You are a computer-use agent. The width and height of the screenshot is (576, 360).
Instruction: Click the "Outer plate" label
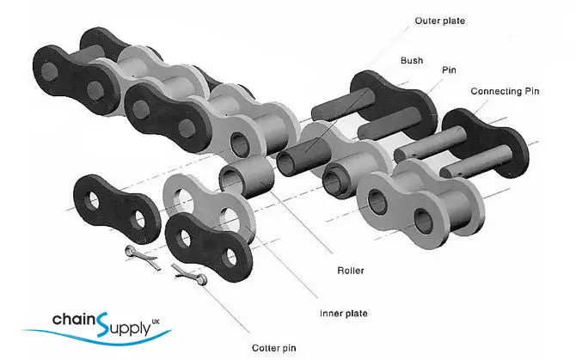(x=439, y=20)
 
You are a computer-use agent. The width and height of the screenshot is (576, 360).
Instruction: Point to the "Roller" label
(x=350, y=271)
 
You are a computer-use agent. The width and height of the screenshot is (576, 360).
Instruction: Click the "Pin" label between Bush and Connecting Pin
(x=449, y=70)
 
